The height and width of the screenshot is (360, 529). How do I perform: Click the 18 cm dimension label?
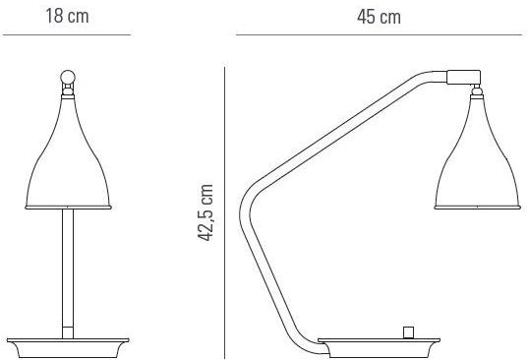click(x=67, y=16)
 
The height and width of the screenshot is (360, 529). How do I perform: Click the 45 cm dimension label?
click(x=379, y=17)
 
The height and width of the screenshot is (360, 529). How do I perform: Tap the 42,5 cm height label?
click(x=206, y=212)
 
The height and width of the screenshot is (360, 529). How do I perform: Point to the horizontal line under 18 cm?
click(x=67, y=34)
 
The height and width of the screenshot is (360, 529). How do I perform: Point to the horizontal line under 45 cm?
click(x=379, y=34)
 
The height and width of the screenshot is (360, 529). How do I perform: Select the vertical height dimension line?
click(x=225, y=212)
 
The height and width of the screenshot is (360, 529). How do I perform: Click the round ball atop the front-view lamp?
click(x=68, y=77)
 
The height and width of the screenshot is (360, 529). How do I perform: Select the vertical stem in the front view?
click(x=68, y=273)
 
